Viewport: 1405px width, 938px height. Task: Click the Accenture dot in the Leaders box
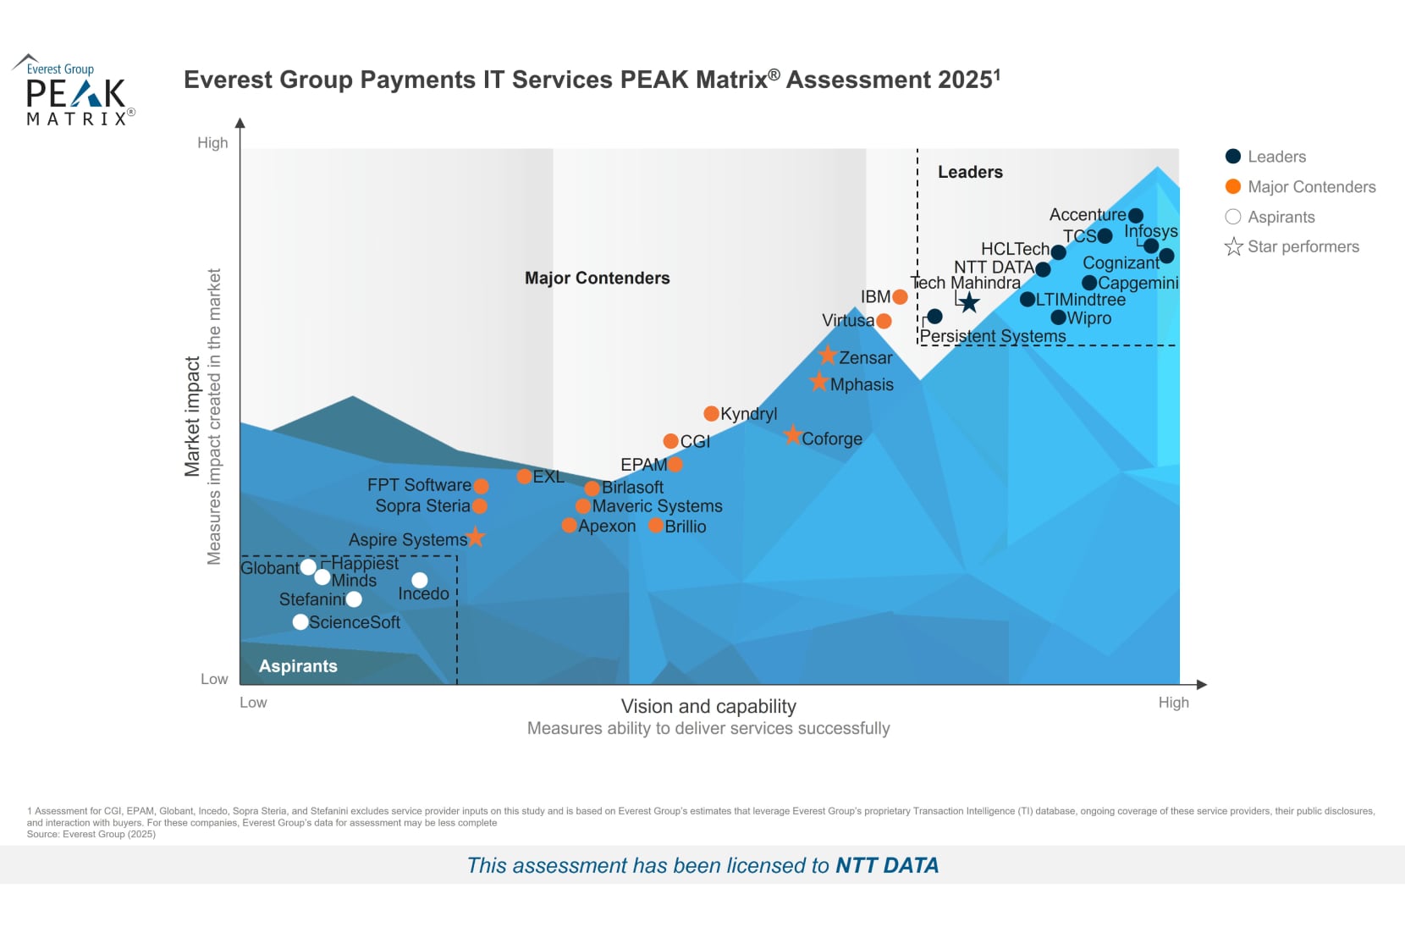click(1136, 216)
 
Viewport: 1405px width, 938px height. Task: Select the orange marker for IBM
click(900, 297)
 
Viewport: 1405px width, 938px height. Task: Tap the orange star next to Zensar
click(828, 356)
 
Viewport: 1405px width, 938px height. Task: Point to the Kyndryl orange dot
click(711, 413)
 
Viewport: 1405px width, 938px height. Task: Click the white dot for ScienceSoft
click(300, 622)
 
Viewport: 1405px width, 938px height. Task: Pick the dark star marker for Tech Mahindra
click(969, 302)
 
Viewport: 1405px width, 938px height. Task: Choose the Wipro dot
click(1058, 317)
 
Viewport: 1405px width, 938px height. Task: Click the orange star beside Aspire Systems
click(476, 537)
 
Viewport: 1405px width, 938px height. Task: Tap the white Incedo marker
click(419, 580)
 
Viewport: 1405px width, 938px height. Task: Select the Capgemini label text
click(1138, 283)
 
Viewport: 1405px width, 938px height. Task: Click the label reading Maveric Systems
click(657, 506)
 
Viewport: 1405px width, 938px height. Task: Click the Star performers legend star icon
click(1233, 246)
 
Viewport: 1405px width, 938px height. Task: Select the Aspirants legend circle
click(1233, 217)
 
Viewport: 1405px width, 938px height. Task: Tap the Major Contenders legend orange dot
click(1233, 186)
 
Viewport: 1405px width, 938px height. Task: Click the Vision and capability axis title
click(708, 706)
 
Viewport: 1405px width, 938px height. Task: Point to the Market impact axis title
click(192, 416)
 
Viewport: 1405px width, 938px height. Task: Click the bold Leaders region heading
click(970, 172)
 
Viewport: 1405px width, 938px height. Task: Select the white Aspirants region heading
click(298, 666)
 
